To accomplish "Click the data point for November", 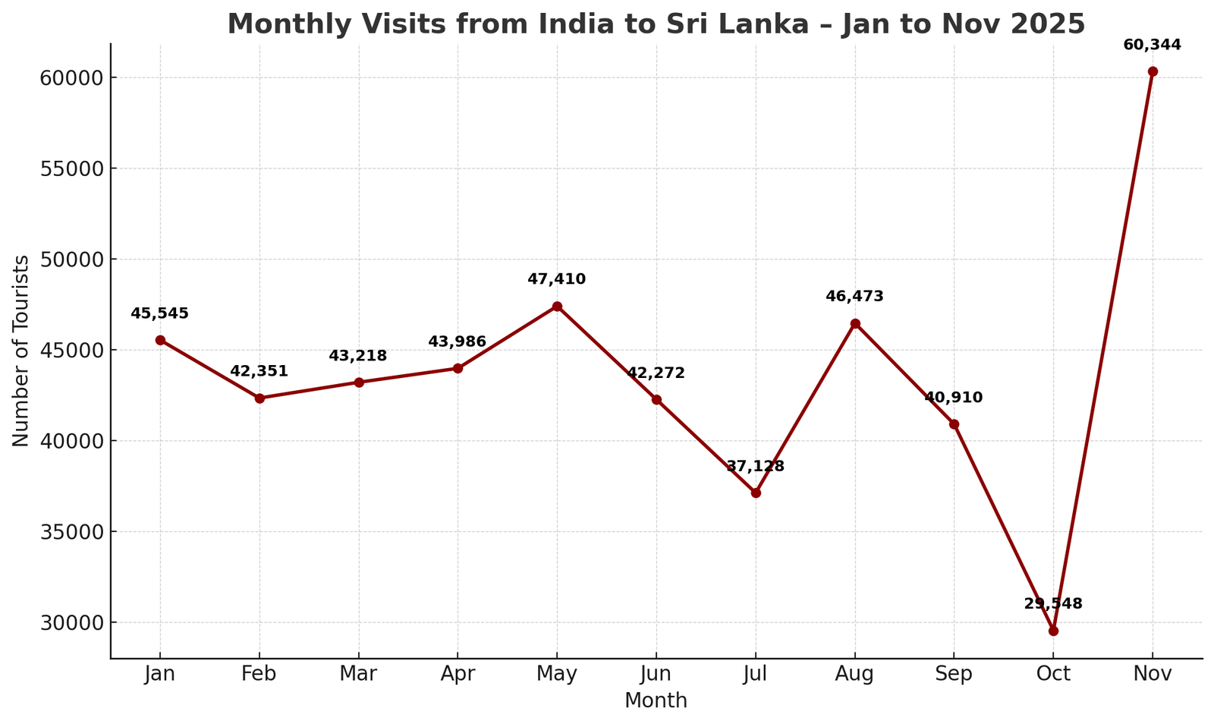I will (x=1153, y=71).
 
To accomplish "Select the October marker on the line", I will (x=1053, y=631).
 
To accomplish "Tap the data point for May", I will (x=557, y=307).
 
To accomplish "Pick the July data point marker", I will (x=756, y=493).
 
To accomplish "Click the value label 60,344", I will (x=1152, y=46).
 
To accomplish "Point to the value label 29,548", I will (x=1053, y=604).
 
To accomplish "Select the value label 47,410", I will (x=556, y=279).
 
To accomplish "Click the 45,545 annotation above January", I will (x=159, y=313).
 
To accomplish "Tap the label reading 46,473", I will (x=854, y=297).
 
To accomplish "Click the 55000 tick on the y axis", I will (x=71, y=168).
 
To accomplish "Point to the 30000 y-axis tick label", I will (x=71, y=622).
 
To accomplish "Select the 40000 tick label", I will (x=71, y=441).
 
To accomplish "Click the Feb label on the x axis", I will (x=259, y=674).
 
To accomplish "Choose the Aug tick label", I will (x=854, y=674).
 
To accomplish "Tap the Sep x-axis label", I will (x=954, y=674).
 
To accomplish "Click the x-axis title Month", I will (x=656, y=701).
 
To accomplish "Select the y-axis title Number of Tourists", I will (x=21, y=351).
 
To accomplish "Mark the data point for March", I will (x=359, y=382).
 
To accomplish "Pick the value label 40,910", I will (x=953, y=398).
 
